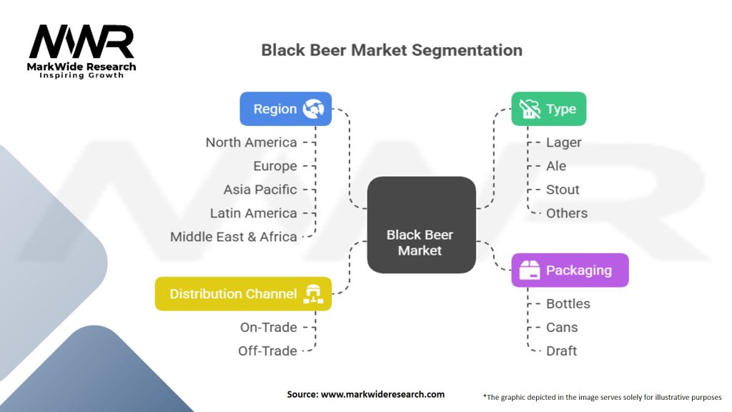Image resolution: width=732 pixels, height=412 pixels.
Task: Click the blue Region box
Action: (285, 109)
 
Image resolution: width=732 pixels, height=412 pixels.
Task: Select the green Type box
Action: (548, 109)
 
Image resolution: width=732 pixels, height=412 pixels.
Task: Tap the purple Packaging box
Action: (570, 270)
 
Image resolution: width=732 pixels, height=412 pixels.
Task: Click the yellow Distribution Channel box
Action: (243, 293)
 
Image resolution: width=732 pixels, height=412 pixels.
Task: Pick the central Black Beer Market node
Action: (420, 225)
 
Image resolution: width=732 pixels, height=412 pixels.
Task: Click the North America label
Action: (251, 142)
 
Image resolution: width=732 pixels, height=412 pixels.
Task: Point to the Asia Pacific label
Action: (260, 190)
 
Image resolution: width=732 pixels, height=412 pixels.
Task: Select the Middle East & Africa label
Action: (234, 237)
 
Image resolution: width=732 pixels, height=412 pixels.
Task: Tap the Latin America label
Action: (253, 213)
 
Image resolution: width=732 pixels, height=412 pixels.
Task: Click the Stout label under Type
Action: (563, 190)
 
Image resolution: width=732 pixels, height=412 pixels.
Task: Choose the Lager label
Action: (564, 142)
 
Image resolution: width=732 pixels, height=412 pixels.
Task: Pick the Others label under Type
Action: (567, 213)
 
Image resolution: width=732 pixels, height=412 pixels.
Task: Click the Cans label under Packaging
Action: (562, 327)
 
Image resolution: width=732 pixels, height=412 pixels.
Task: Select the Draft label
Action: (562, 350)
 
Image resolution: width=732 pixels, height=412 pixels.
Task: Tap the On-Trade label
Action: (268, 327)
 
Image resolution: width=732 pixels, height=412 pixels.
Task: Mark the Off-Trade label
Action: (267, 350)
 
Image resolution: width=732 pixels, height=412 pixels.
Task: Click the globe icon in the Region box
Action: (314, 109)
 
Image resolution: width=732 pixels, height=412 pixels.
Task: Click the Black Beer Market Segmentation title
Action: (392, 50)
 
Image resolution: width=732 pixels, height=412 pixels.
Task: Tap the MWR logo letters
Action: (81, 43)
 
